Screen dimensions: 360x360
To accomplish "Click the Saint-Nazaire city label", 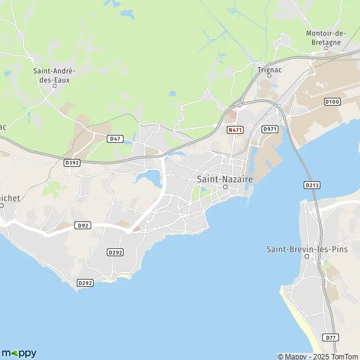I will [226, 179].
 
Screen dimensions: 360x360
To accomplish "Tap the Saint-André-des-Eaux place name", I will [54, 74].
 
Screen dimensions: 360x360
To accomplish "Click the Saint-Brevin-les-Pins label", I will [306, 248].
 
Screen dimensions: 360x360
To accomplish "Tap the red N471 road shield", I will [235, 130].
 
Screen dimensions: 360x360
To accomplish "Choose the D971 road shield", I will [270, 129].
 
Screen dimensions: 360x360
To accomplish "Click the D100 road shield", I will [332, 102].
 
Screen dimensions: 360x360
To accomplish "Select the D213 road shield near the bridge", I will [311, 185].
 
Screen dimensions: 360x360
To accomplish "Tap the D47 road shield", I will [116, 139].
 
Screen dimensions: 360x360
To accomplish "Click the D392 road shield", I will [72, 162].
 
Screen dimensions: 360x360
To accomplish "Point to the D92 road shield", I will [83, 226].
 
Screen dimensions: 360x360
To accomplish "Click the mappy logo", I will [19, 353].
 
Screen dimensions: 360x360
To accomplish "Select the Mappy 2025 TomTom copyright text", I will [318, 356].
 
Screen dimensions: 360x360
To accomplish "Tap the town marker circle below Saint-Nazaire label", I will [226, 187].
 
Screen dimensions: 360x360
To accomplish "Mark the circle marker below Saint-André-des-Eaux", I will [54, 86].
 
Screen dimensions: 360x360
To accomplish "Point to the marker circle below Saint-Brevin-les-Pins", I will [306, 257].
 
